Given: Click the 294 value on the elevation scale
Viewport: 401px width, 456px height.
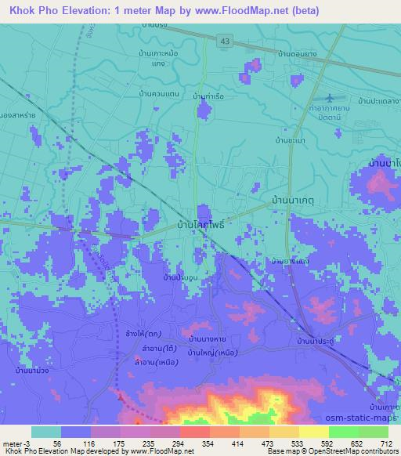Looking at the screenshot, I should pyautogui.click(x=179, y=443).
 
